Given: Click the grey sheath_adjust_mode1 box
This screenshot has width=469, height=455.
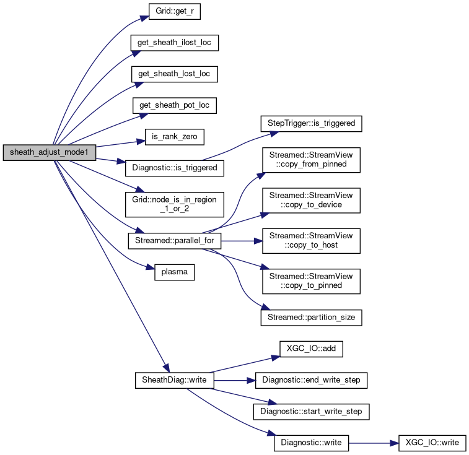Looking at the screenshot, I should tap(50, 153).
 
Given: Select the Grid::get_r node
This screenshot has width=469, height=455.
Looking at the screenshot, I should tap(166, 12).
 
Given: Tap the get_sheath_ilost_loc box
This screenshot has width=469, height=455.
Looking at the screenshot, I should tap(174, 43).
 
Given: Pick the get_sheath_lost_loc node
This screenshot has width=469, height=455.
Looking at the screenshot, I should tap(174, 74).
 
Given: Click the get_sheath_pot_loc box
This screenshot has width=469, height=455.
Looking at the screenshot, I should tap(174, 105).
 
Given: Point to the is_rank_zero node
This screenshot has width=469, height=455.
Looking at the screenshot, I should tap(165, 136).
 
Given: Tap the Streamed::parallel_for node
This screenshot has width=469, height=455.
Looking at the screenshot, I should tap(174, 240).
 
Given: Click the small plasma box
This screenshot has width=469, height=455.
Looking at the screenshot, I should tap(174, 272).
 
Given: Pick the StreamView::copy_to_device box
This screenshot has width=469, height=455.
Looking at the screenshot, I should tap(311, 199).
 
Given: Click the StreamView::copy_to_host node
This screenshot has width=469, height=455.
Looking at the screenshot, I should tap(311, 240).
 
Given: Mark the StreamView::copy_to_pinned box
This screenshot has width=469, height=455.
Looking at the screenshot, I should tap(311, 280).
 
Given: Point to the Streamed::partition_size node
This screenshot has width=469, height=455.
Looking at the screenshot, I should tap(311, 317).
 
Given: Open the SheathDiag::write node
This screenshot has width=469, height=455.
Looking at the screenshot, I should tap(174, 379).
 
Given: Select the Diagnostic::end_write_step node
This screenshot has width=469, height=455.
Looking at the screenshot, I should tap(311, 379).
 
